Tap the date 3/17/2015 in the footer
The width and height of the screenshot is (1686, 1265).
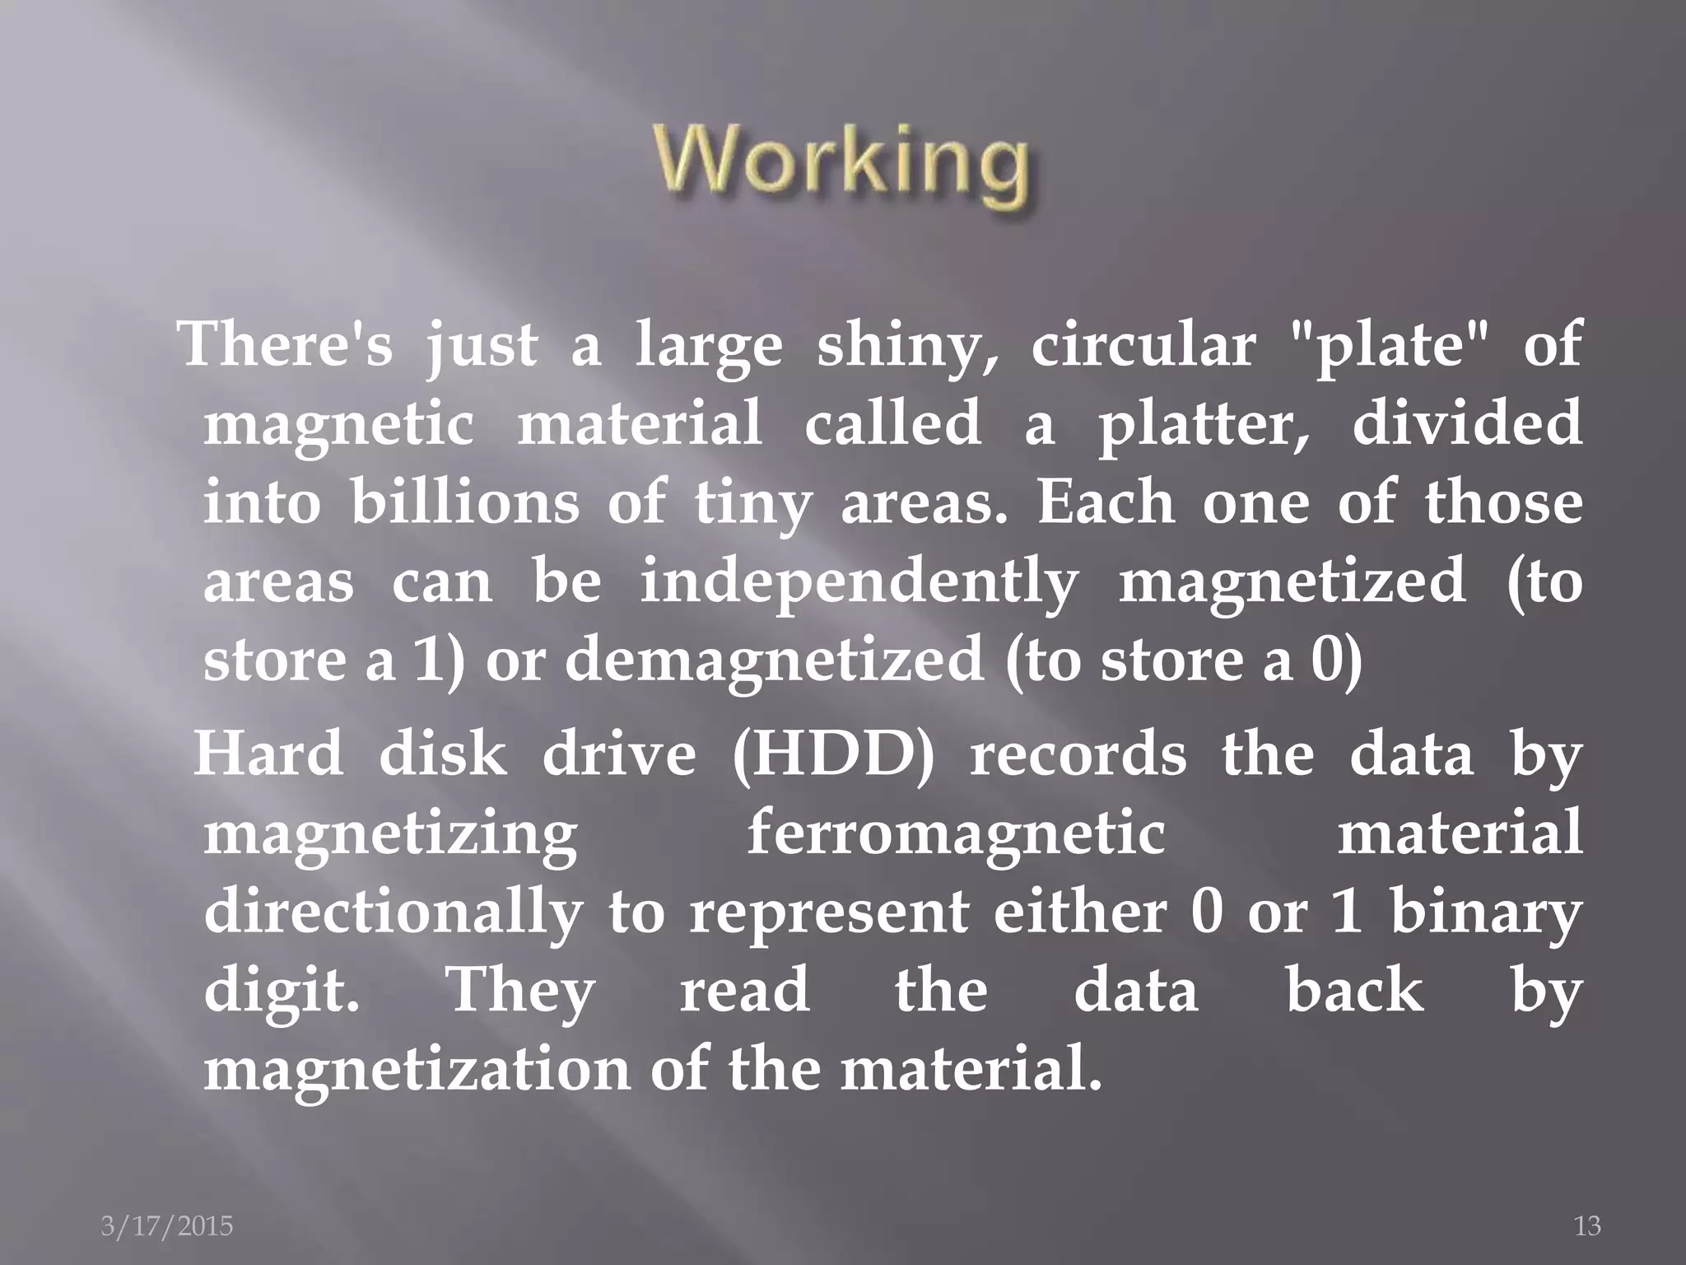[167, 1226]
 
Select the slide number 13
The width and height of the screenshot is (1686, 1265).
[1587, 1226]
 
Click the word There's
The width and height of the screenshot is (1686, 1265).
[286, 344]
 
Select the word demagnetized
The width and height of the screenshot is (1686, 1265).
[774, 661]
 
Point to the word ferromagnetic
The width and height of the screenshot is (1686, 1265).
[955, 833]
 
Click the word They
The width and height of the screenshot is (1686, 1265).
[519, 992]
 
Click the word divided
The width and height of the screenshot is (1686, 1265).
[1467, 423]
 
